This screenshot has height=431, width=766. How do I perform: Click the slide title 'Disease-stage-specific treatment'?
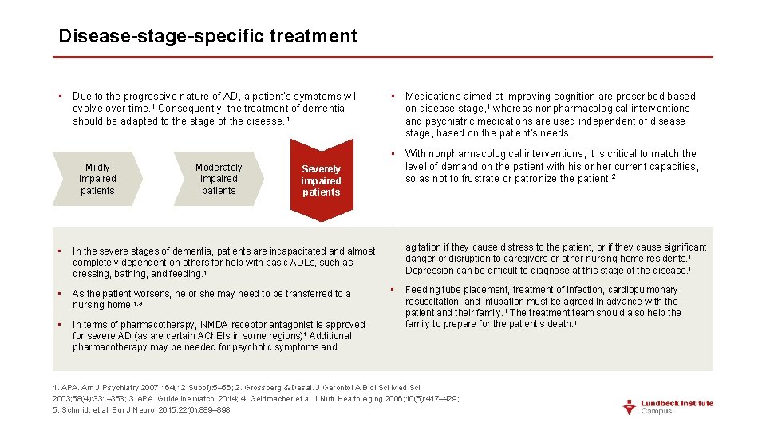[x=207, y=36]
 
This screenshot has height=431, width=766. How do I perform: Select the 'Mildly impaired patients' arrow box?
[x=97, y=180]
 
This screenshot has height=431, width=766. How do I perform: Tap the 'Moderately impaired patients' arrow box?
[x=219, y=180]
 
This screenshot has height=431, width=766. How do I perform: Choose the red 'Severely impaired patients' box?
[x=321, y=181]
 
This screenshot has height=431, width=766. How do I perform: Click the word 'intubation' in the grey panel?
[x=488, y=302]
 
